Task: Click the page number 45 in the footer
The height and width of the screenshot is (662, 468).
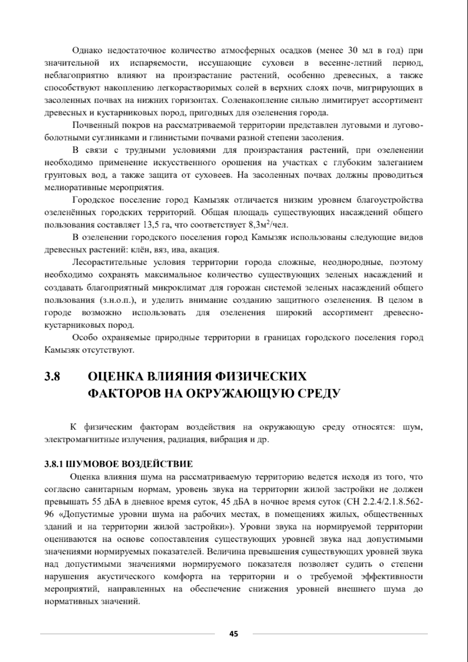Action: [234, 634]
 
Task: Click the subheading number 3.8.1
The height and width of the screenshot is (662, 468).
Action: [53, 464]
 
